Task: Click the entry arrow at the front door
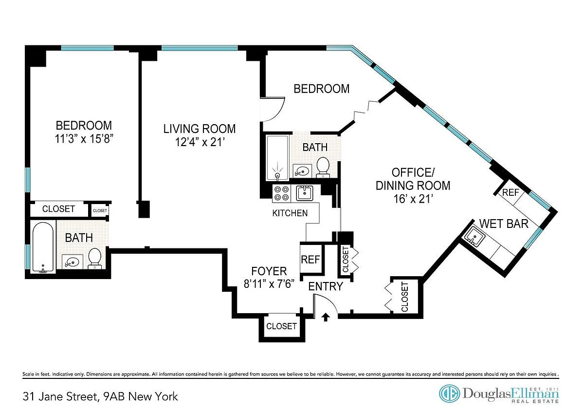326,317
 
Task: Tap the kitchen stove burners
282,193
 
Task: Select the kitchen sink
305,193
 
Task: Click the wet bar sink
474,237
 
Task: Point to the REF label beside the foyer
310,259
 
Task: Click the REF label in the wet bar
511,192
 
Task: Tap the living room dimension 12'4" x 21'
200,142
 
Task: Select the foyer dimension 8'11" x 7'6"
269,283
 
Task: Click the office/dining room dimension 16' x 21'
413,199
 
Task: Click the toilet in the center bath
323,167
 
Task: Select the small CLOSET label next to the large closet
100,210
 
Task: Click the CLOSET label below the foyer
281,326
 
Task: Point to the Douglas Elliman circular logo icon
450,394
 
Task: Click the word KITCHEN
290,213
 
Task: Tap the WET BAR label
504,224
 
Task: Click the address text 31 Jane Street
60,396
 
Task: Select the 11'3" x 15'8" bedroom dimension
84,139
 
